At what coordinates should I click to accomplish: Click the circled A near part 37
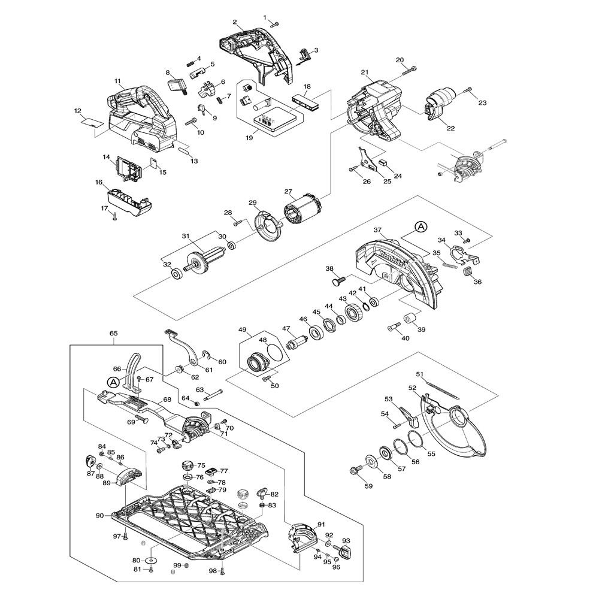pos(421,226)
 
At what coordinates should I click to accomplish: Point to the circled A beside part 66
pos(112,381)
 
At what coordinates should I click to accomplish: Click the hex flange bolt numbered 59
pos(355,470)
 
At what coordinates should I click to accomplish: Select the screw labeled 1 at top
pos(276,24)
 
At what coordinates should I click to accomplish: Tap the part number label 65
pos(113,333)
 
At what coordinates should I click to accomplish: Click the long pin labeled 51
pos(441,388)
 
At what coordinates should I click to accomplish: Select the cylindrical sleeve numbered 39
pos(410,318)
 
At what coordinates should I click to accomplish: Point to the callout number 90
pos(99,515)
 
